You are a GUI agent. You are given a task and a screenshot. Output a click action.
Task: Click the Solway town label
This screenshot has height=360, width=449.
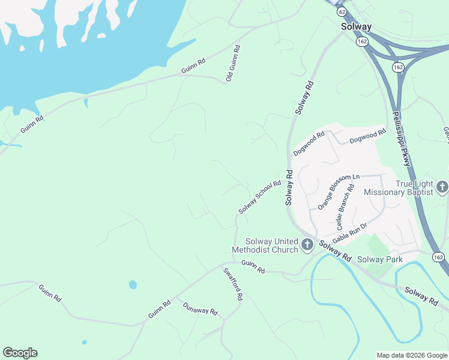pyautogui.click(x=357, y=26)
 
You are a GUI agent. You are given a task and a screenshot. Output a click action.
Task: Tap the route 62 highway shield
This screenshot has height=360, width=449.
pyautogui.click(x=342, y=11)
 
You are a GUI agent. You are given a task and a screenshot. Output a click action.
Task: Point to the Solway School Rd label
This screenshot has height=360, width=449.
pyautogui.click(x=260, y=197)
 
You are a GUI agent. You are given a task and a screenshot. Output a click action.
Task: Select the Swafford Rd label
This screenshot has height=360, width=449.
pyautogui.click(x=233, y=284)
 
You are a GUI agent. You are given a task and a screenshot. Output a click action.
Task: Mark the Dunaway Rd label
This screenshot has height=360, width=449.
pyautogui.click(x=200, y=310)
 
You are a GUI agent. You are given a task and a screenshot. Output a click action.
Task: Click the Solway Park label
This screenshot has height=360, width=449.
pyautogui.click(x=379, y=259)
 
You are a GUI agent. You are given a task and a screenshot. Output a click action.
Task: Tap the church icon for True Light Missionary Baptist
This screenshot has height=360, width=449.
pyautogui.click(x=442, y=187)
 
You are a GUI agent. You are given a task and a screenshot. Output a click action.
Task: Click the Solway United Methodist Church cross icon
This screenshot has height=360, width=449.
pyautogui.click(x=307, y=244)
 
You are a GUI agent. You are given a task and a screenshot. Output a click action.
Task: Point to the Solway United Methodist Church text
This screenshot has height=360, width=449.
pyautogui.click(x=265, y=245)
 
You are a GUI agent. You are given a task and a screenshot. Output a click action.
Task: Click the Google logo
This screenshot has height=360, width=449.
pyautogui.click(x=20, y=353)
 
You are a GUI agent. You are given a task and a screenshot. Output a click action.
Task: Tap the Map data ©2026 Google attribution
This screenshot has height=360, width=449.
pyautogui.click(x=412, y=355)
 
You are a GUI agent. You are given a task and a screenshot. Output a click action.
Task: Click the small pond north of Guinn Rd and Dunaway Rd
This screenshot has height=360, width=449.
pyautogui.click(x=133, y=284)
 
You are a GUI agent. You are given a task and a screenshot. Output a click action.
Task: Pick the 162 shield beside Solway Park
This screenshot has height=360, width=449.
pyautogui.click(x=439, y=257)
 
